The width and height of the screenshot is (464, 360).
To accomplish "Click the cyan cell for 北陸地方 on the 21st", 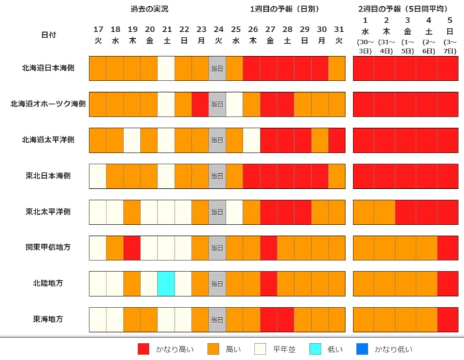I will [x=166, y=282].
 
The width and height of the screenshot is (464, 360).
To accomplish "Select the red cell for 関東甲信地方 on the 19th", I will [x=132, y=247].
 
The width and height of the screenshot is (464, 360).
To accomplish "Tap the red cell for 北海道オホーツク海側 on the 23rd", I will [x=200, y=104].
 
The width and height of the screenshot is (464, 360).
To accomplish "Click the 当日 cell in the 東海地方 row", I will [x=217, y=318].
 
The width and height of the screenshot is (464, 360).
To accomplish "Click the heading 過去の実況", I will [x=149, y=9].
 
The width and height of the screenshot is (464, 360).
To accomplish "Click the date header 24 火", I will [x=218, y=35].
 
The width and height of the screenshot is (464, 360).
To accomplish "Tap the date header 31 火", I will [x=338, y=35].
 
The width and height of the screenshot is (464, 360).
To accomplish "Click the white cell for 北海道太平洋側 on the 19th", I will [x=132, y=140].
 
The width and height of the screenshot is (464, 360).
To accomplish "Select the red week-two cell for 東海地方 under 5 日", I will [x=448, y=318].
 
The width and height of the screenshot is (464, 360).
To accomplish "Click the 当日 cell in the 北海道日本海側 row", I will [x=217, y=69].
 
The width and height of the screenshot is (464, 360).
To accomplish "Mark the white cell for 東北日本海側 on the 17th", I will [x=98, y=176].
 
